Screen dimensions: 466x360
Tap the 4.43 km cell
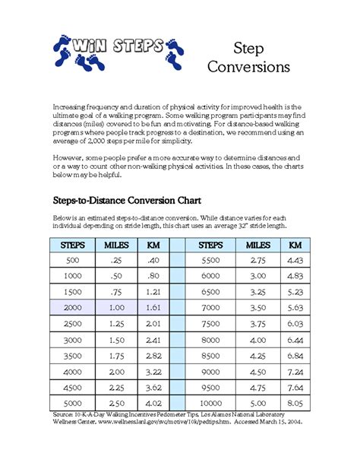click(296, 260)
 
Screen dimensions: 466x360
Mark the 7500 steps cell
click(210, 322)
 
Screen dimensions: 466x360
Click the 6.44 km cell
click(296, 338)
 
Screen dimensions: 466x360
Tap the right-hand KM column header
click(296, 245)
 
